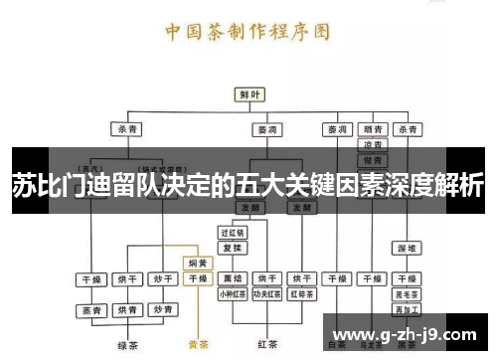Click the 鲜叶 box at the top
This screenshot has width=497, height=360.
coord(249,93)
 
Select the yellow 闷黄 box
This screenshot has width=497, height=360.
coord(198,264)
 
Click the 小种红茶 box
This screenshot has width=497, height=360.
coord(233,294)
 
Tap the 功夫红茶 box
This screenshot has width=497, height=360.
coord(266,294)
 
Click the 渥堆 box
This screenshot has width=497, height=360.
coord(406,247)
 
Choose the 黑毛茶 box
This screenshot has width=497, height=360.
coord(406,294)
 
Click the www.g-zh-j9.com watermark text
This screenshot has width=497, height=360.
coord(408,332)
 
